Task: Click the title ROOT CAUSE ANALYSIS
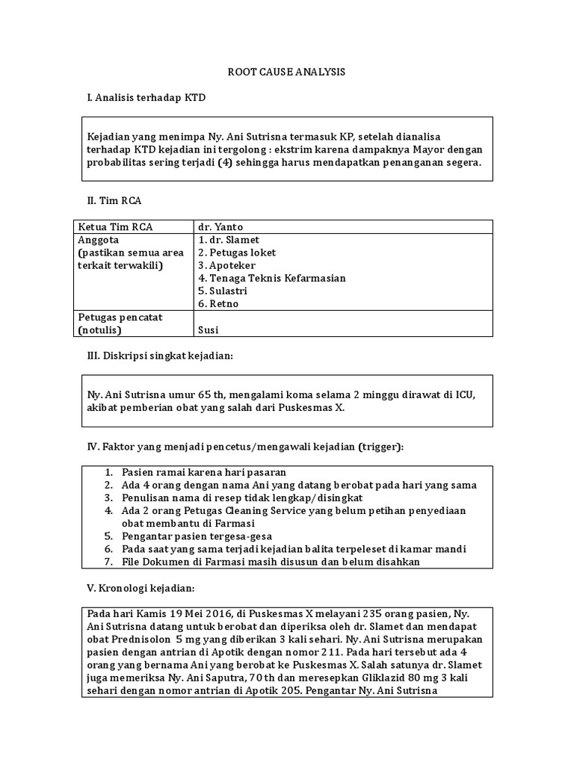[286, 72]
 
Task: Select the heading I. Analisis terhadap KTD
[146, 98]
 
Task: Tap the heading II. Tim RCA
[115, 201]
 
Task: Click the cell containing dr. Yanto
[220, 227]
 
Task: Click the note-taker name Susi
[209, 329]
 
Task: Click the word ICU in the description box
[465, 394]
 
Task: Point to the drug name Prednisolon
[140, 639]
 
